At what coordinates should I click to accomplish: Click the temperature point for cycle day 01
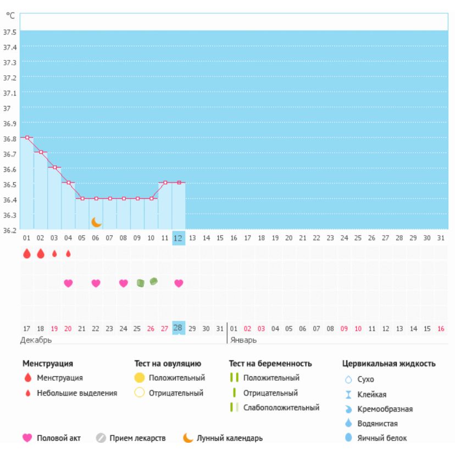pos(27,137)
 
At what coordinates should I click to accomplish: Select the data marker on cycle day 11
pos(165,182)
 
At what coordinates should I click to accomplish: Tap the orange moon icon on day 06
pos(96,222)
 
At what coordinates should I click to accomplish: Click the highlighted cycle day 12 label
pos(179,238)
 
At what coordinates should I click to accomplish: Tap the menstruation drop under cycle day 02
pos(41,254)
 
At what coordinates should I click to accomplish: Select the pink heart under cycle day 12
pos(179,283)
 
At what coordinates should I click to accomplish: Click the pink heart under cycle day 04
pos(68,283)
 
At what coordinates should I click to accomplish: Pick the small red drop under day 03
pos(54,254)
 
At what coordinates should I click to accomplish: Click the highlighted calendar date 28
pos(178,328)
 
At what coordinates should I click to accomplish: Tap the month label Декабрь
pos(36,340)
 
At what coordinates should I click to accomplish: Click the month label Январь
pos(243,340)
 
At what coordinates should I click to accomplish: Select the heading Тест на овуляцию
pos(168,363)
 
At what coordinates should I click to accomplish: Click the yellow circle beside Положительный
pos(140,378)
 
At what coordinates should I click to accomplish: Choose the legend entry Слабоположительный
pos(281,408)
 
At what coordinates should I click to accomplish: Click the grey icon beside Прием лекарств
pos(101,438)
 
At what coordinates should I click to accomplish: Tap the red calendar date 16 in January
pos(441,328)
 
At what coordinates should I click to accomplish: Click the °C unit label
pos(10,16)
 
